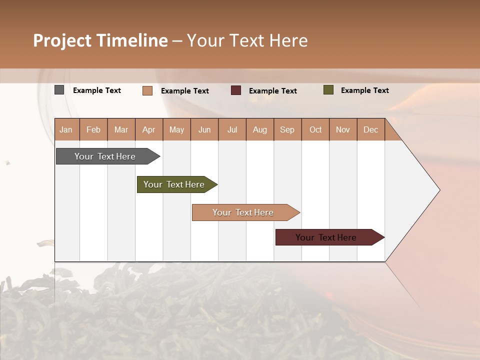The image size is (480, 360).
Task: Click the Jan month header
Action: click(x=66, y=129)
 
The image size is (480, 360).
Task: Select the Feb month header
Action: click(x=93, y=129)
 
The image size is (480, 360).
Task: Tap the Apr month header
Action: click(x=148, y=129)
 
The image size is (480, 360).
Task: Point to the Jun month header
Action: click(x=204, y=129)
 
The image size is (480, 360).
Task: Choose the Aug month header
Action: click(x=259, y=129)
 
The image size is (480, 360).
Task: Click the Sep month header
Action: click(x=287, y=129)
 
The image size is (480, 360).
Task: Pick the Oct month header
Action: click(x=315, y=129)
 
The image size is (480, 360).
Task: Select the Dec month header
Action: click(x=370, y=129)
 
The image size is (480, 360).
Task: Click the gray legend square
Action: click(x=59, y=90)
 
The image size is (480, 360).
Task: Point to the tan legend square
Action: click(x=147, y=90)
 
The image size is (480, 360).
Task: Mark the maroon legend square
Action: click(x=236, y=90)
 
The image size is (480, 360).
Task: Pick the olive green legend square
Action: click(x=328, y=90)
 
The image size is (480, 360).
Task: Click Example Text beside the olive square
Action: click(x=364, y=90)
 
